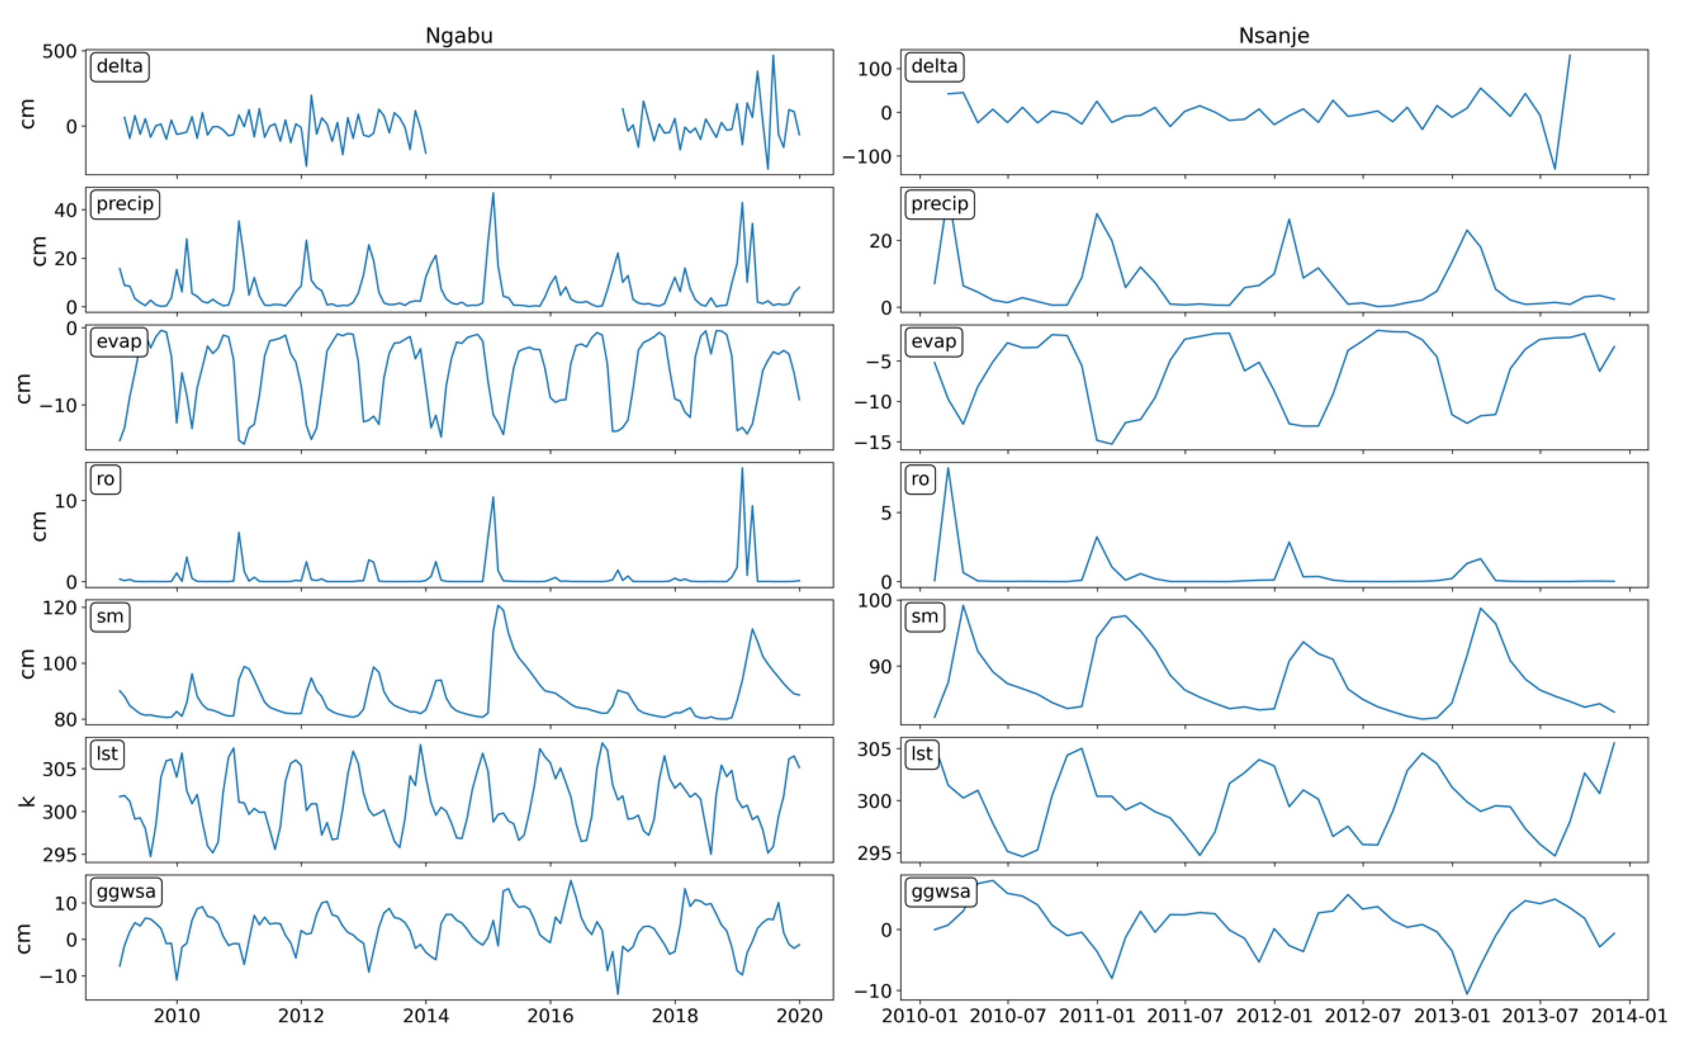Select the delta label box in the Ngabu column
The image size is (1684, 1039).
click(x=119, y=67)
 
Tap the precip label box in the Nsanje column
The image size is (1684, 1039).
click(x=939, y=204)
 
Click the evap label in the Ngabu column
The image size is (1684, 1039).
click(x=119, y=341)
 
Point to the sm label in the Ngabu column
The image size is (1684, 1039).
click(x=110, y=616)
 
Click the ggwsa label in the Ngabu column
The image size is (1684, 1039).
click(x=126, y=892)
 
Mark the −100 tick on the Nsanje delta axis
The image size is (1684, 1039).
click(x=866, y=157)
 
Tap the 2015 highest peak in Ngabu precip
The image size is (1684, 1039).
click(x=493, y=193)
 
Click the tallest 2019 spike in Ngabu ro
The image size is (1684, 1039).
click(x=742, y=469)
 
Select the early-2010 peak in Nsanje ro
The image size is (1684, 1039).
click(x=948, y=469)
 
